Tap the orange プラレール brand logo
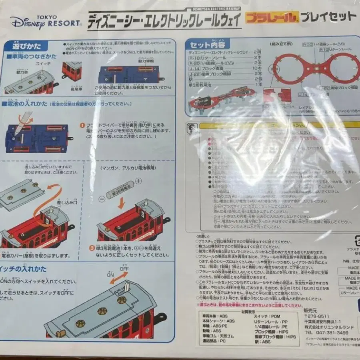[x=272, y=17]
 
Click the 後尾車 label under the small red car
[x=76, y=86]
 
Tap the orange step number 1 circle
[x=82, y=125]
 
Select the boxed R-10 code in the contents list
[x=193, y=58]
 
